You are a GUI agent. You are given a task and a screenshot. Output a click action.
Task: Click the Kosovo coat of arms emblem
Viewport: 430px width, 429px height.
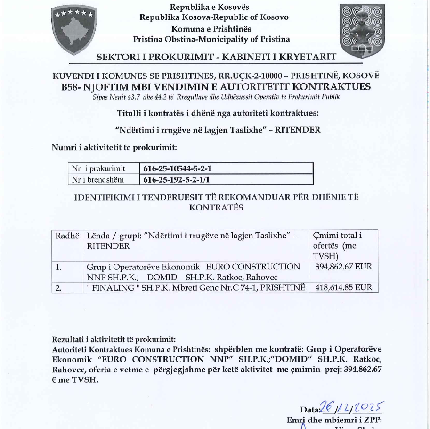pyautogui.click(x=74, y=30)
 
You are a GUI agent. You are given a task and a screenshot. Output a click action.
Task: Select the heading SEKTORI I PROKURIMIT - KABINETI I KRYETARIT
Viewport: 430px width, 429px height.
pyautogui.click(x=216, y=57)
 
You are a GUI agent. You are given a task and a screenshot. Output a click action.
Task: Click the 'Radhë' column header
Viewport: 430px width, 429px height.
pyautogui.click(x=67, y=236)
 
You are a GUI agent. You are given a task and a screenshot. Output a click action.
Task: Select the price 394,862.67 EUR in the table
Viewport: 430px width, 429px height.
pyautogui.click(x=343, y=267)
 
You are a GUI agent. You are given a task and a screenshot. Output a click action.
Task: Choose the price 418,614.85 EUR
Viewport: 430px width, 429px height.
pyautogui.click(x=342, y=287)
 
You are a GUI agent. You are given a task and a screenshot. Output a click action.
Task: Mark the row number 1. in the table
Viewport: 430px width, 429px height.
pyautogui.click(x=59, y=267)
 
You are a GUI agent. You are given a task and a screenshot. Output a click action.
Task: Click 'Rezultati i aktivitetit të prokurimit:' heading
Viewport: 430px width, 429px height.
pyautogui.click(x=114, y=339)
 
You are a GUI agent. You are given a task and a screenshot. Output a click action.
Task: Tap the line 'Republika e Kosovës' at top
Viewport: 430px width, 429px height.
pyautogui.click(x=210, y=7)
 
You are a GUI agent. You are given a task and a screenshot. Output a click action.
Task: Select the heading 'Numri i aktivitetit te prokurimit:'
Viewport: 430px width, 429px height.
pyautogui.click(x=114, y=147)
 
